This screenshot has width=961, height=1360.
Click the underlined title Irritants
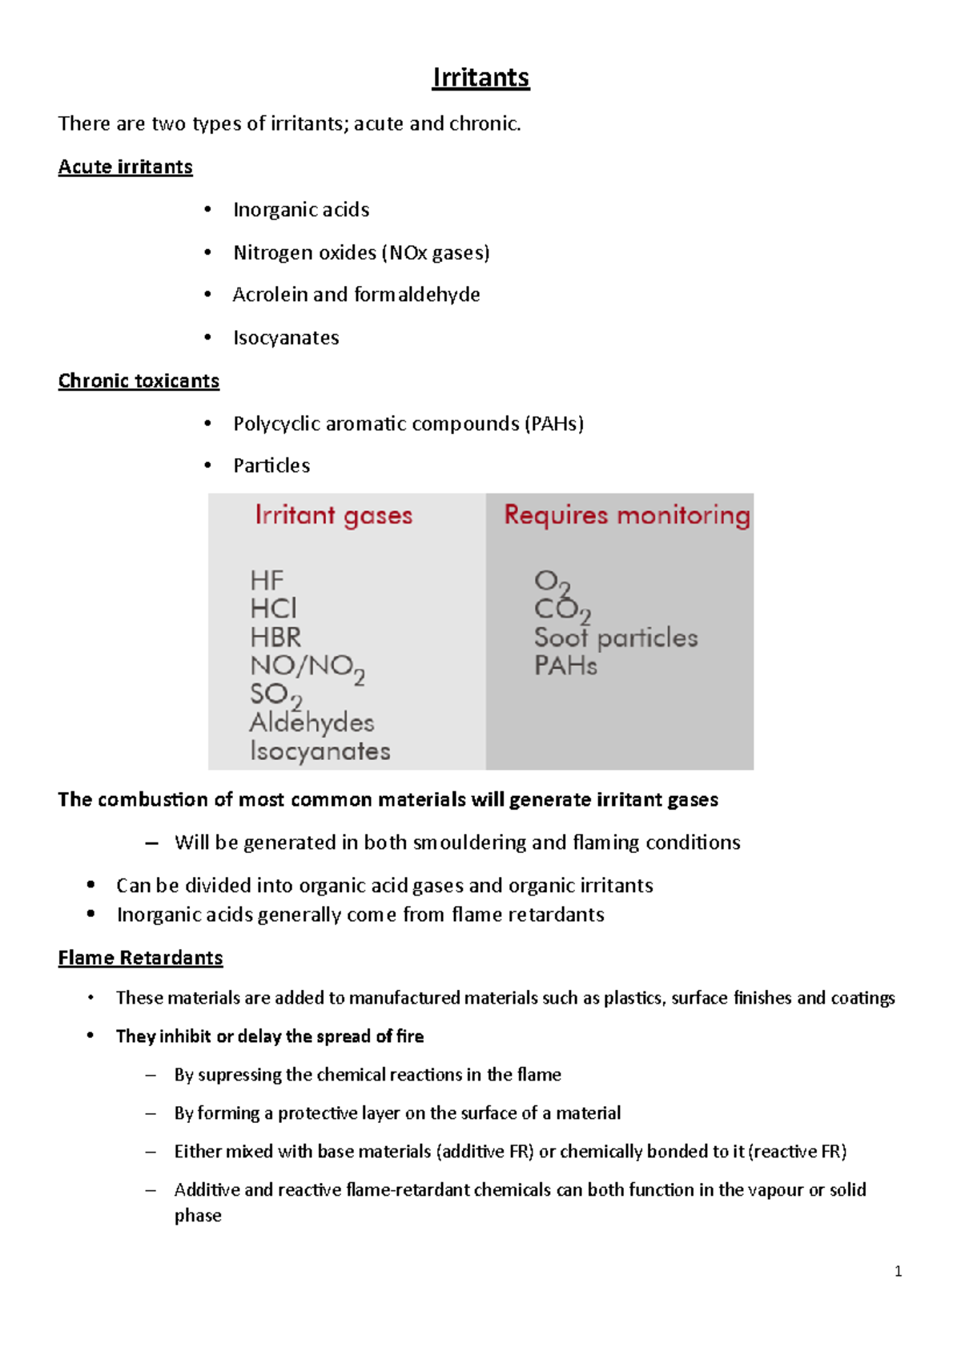(x=480, y=78)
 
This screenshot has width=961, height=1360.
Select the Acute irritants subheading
(x=125, y=167)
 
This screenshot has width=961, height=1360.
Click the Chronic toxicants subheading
(x=139, y=380)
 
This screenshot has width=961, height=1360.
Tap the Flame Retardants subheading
(x=140, y=958)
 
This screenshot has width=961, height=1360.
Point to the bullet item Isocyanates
(x=286, y=338)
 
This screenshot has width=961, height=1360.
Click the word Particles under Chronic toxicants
(x=271, y=465)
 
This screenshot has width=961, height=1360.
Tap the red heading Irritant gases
(x=333, y=515)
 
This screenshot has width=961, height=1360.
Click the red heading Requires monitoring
(x=627, y=515)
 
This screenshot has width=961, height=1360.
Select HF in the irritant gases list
(x=267, y=580)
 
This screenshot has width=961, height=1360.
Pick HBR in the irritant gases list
(x=275, y=638)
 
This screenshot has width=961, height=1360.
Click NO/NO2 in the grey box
(x=307, y=666)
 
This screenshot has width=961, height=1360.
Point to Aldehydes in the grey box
(x=312, y=722)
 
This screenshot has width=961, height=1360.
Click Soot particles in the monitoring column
(x=616, y=638)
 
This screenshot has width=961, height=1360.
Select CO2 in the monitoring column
(x=561, y=610)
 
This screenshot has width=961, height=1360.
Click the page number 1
(x=898, y=1271)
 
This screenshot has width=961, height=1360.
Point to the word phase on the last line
(x=198, y=1216)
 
